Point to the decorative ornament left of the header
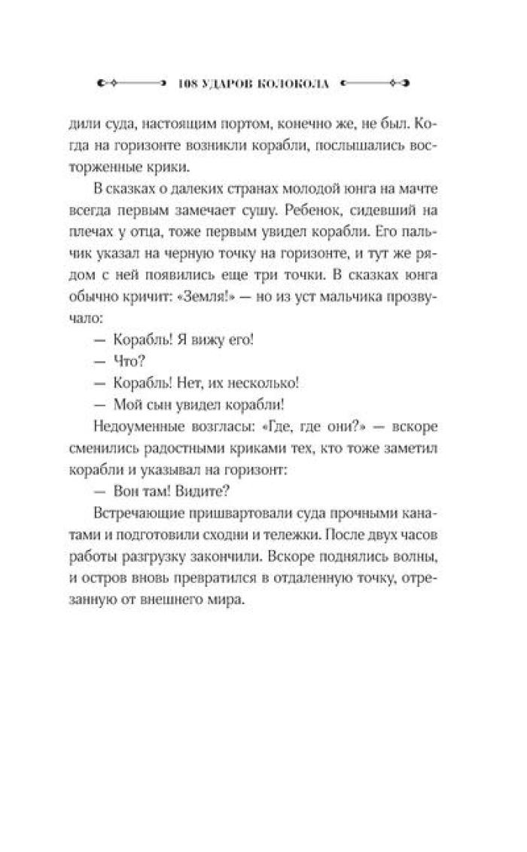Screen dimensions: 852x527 [x=128, y=82]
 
